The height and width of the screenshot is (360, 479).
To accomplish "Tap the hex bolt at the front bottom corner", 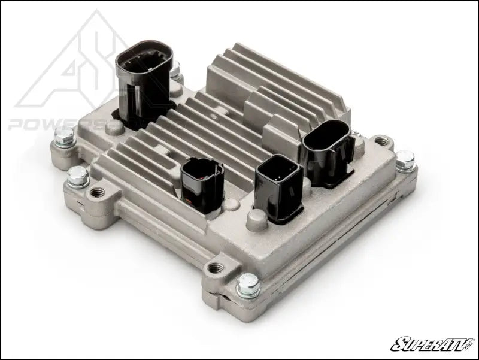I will tap(247, 286).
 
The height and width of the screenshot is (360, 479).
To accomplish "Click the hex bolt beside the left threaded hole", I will tap(78, 176).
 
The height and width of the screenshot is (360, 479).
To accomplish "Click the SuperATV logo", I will tap(431, 343).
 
